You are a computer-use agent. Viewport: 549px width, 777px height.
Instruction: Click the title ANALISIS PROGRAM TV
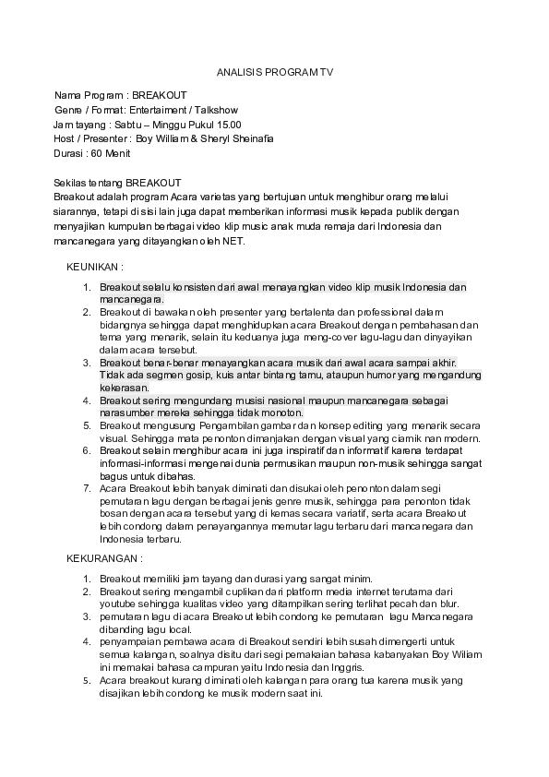275,71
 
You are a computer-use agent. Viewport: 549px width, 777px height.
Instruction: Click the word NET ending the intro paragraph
233,241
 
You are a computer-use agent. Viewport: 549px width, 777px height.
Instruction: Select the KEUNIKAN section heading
95,267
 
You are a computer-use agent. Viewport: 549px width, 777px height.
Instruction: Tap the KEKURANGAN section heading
104,558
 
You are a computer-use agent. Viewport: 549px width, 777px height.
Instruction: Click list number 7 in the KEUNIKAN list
87,485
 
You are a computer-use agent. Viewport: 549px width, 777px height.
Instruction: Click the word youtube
117,604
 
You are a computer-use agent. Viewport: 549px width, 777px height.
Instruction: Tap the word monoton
282,412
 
